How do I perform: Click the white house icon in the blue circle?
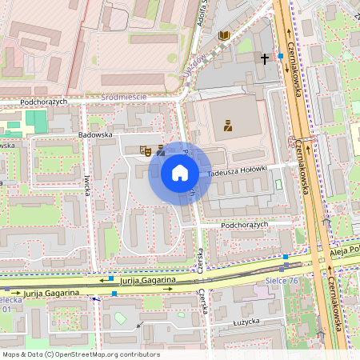coord(180,173)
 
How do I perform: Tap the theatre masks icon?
coord(146,150)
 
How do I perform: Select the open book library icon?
coord(224,36)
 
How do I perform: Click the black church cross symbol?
coord(265,58)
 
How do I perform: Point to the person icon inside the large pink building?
coord(228,125)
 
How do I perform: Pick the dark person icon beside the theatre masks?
coord(161,150)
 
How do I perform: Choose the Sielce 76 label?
coord(282,280)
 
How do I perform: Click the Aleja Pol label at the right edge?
coord(344,251)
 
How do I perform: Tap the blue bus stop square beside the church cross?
coord(281,56)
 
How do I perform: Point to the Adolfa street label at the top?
coord(199,14)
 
